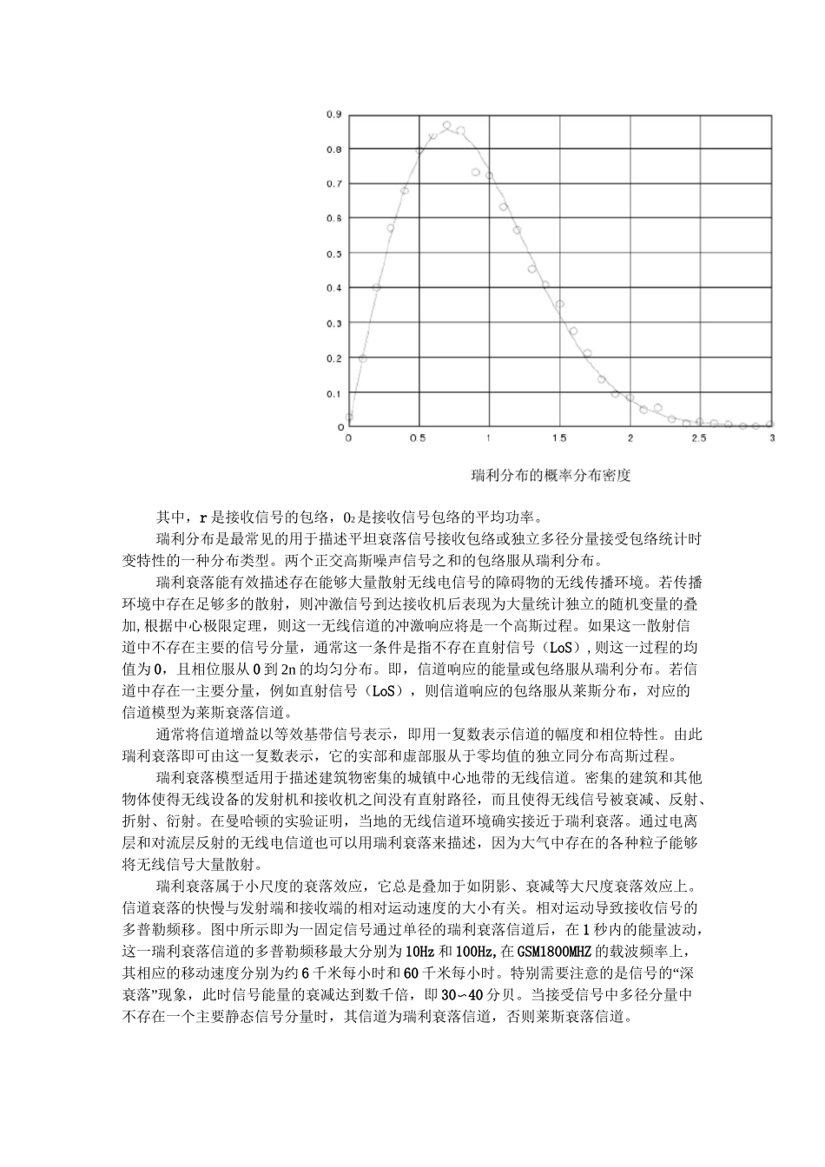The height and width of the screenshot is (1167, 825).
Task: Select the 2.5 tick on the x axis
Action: point(700,439)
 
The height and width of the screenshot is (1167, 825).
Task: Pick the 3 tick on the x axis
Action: point(772,439)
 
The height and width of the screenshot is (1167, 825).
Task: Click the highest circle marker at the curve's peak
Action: point(446,126)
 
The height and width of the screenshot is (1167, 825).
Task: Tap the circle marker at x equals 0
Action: point(349,417)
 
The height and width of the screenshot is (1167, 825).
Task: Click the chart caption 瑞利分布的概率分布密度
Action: point(550,475)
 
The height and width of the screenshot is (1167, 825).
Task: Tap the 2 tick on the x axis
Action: point(629,439)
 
